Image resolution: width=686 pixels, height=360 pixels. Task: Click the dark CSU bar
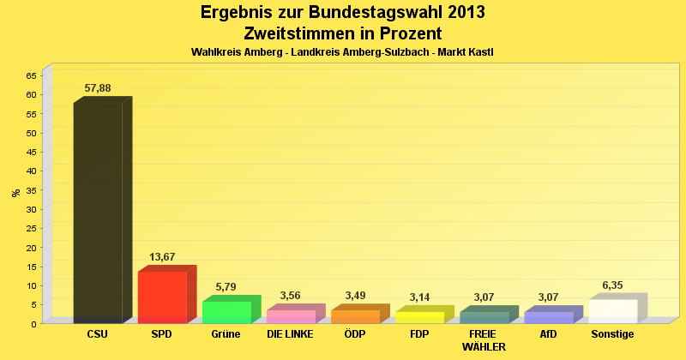tap(98, 213)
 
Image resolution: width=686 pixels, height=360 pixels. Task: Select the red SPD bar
tap(162, 297)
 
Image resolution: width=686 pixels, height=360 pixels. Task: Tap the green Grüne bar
tap(226, 312)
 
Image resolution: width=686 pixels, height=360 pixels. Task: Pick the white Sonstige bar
tap(613, 310)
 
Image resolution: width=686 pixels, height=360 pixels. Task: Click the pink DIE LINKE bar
tap(291, 316)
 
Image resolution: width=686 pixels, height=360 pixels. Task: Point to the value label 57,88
tap(98, 88)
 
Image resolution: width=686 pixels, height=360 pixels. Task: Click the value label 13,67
tap(162, 257)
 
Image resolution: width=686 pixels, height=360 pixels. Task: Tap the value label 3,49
tap(355, 296)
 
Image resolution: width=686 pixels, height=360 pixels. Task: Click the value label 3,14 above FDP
tap(419, 297)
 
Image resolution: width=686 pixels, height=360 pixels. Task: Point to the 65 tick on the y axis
tap(31, 75)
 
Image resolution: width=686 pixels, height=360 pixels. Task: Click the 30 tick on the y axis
tap(31, 209)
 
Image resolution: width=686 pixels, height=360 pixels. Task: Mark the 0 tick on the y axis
tap(33, 323)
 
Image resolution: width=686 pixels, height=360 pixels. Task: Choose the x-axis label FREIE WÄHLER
tap(484, 340)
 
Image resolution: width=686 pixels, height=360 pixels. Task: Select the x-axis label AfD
tap(549, 334)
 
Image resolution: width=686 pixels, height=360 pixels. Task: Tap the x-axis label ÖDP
tap(355, 334)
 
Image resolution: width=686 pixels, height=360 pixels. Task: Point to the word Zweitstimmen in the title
tap(301, 33)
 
